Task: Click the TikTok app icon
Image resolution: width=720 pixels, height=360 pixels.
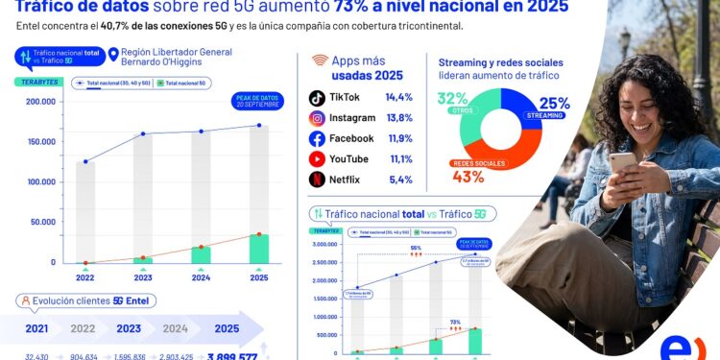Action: click(x=317, y=98)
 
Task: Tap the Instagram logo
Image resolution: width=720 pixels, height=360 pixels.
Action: click(x=317, y=118)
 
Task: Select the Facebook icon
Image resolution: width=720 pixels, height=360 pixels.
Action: click(x=317, y=138)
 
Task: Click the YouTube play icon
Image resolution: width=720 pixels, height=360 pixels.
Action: click(x=317, y=159)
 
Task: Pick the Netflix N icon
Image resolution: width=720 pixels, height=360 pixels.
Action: click(x=317, y=180)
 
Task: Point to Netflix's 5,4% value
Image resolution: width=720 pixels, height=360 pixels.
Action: click(x=398, y=180)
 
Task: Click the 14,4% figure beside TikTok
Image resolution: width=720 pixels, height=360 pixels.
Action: click(x=398, y=98)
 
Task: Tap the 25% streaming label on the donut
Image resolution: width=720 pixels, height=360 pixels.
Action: click(x=554, y=104)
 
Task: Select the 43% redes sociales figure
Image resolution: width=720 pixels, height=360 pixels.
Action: click(x=468, y=177)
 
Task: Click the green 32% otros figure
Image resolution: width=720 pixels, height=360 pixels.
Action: click(x=452, y=98)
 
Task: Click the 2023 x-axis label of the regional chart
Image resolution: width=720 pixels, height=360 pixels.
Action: click(x=142, y=278)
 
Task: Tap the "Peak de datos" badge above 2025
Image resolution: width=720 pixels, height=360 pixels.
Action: click(x=252, y=101)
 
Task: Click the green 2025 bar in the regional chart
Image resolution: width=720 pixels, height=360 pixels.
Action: click(x=258, y=249)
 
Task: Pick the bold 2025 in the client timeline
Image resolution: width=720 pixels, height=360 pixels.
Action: click(x=227, y=328)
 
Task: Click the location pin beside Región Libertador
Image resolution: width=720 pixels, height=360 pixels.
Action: click(x=113, y=54)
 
